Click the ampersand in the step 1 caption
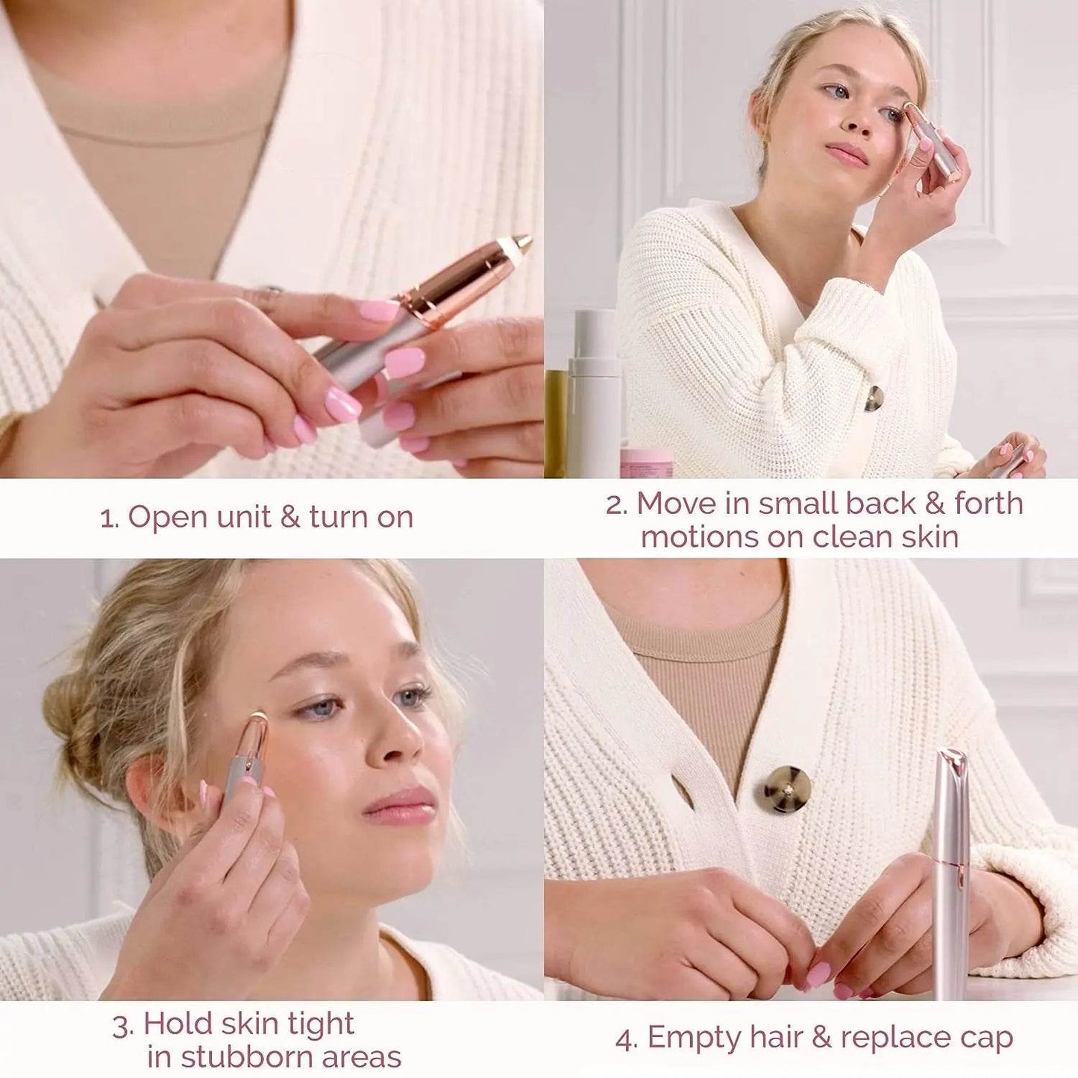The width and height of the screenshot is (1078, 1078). click(289, 517)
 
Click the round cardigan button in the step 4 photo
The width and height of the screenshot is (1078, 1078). click(783, 789)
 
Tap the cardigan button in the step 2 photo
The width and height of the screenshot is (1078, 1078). click(874, 398)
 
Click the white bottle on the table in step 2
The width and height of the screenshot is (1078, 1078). click(594, 395)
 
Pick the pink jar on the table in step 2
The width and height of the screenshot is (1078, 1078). click(646, 463)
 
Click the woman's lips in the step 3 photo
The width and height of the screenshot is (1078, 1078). click(401, 808)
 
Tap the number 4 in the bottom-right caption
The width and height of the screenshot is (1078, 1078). click(624, 1039)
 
